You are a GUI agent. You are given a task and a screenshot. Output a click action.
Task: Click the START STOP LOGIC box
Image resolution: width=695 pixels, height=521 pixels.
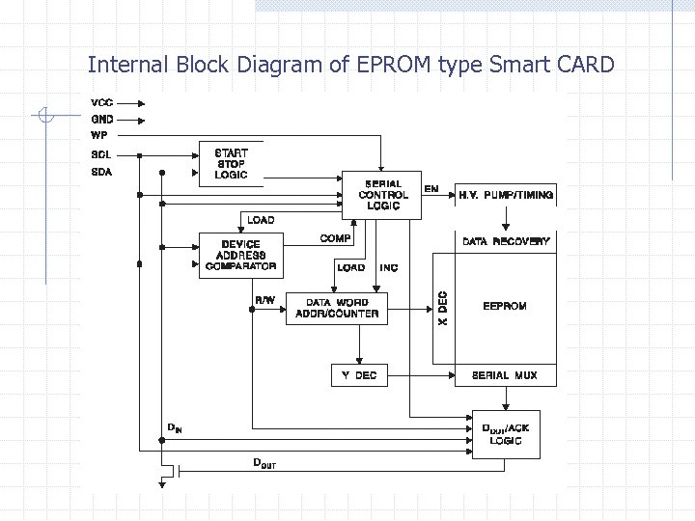231,164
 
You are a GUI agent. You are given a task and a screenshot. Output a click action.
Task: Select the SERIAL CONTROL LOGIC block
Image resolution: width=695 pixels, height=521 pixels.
382,195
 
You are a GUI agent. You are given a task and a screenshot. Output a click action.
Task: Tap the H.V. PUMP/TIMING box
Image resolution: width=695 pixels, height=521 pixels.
506,195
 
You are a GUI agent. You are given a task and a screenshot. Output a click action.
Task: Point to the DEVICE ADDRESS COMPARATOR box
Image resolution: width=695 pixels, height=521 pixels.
240,256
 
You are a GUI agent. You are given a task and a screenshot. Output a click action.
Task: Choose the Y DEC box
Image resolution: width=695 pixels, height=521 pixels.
358,374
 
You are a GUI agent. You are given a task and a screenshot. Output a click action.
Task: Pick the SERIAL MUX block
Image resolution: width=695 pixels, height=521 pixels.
505,374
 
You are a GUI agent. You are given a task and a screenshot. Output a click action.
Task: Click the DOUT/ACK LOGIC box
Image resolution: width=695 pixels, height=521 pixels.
505,434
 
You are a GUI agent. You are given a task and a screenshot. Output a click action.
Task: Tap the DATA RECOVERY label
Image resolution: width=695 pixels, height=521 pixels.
506,241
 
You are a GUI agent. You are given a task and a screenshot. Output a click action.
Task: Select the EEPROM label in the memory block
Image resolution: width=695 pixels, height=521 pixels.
505,306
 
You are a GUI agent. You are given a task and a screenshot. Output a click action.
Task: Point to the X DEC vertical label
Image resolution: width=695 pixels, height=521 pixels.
443,309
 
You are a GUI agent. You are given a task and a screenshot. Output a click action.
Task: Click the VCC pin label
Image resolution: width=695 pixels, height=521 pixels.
102,102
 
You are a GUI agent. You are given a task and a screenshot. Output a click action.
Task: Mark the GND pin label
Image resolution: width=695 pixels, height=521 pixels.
102,120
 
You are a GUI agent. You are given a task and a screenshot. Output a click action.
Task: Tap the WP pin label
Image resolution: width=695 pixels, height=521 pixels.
99,136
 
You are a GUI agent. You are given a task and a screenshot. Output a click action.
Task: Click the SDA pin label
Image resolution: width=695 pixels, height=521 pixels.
101,173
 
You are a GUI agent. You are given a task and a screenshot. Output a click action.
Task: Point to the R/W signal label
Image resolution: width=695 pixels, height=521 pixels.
264,300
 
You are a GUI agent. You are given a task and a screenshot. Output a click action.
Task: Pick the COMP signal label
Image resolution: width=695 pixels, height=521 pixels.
335,237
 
